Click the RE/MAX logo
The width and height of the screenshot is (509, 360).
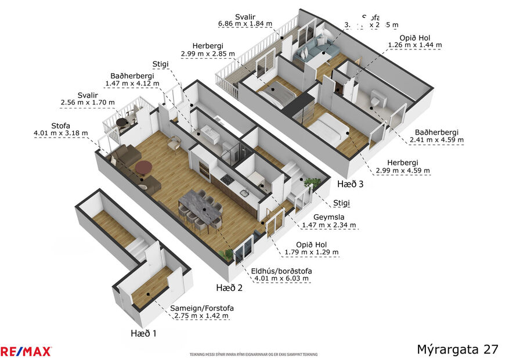(x=26, y=351)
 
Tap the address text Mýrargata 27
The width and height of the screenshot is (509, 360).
(x=457, y=349)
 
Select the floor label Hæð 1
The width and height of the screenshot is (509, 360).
(x=143, y=333)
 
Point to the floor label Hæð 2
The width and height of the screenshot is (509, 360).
(x=229, y=287)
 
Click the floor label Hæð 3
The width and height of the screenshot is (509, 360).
(x=351, y=184)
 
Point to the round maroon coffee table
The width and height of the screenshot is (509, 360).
(x=143, y=168)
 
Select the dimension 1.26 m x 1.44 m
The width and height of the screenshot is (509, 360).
(x=414, y=45)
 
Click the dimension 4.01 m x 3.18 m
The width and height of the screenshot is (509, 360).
(x=61, y=133)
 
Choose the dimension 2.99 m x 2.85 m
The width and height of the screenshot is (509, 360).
(x=208, y=53)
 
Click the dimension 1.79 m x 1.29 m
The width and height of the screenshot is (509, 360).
(x=312, y=252)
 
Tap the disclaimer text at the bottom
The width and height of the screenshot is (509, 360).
(x=254, y=354)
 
